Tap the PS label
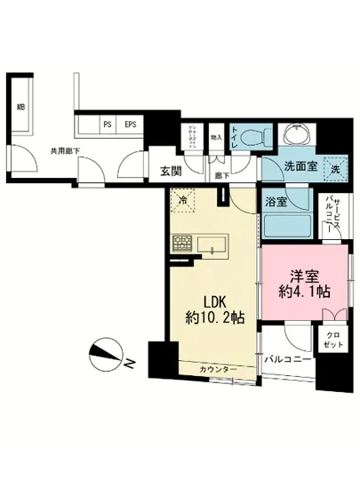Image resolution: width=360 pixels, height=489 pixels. [x=108, y=124]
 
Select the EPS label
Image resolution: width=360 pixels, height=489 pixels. [x=131, y=124]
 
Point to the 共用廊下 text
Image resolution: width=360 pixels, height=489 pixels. [x=65, y=151]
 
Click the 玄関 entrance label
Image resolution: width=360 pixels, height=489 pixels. [x=171, y=172]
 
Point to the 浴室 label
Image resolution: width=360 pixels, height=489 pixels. [x=276, y=203]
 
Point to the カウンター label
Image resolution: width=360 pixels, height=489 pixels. [x=219, y=368]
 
